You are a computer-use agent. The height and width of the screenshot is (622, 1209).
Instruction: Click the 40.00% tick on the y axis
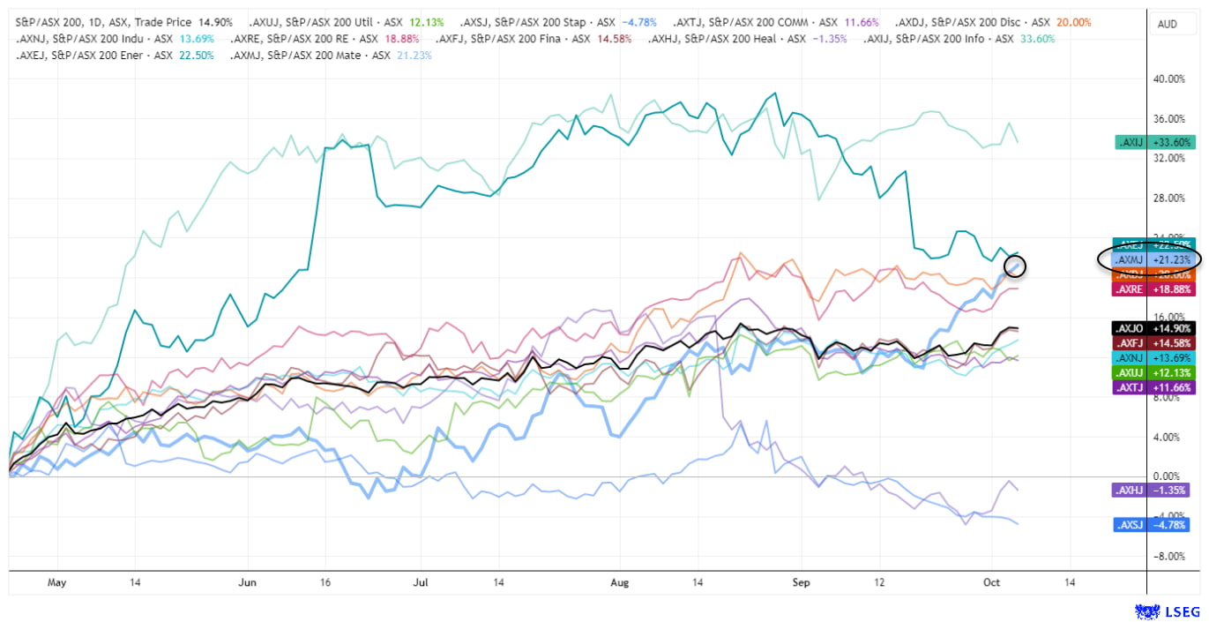tap(1170, 79)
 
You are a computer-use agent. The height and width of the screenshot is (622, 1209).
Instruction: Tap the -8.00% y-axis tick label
tap(1170, 556)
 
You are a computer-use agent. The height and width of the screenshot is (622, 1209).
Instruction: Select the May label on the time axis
tap(56, 583)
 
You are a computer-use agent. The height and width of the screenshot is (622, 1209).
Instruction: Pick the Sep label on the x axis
tap(802, 583)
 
